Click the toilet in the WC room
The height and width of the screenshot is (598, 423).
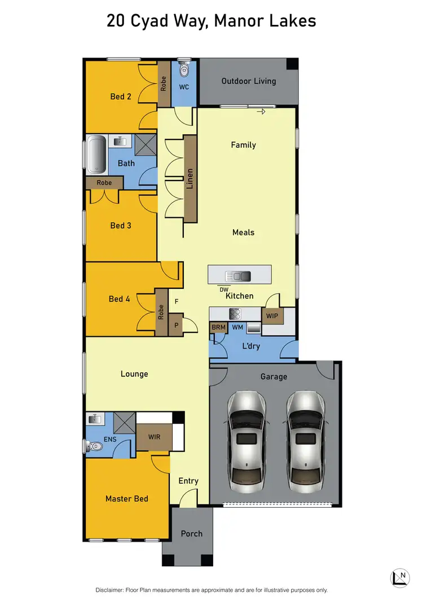[x=184, y=71]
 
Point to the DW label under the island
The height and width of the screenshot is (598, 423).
[x=224, y=289]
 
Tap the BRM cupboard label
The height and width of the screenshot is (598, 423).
[x=218, y=327]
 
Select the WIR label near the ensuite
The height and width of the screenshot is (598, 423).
[x=155, y=437]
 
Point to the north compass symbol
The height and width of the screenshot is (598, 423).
[x=399, y=576]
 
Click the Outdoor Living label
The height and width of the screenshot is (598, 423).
[x=249, y=81]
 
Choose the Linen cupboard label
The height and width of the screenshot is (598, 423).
[x=191, y=178]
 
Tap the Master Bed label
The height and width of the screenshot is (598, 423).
[x=127, y=499]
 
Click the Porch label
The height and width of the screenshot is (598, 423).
[x=191, y=534]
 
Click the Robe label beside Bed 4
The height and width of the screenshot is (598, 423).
[x=161, y=311]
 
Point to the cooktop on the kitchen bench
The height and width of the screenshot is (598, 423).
[x=235, y=313]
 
